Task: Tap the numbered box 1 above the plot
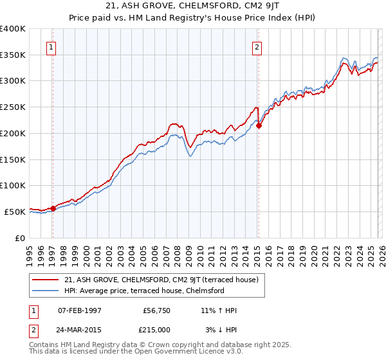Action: pyautogui.click(x=51, y=46)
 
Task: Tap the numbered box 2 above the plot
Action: pyautogui.click(x=257, y=46)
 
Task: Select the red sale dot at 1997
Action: pyautogui.click(x=53, y=208)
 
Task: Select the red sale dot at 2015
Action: pyautogui.click(x=259, y=126)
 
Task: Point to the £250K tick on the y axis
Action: pyautogui.click(x=13, y=107)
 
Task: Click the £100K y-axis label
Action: pyautogui.click(x=13, y=185)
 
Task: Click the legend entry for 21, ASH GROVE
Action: pyautogui.click(x=161, y=280)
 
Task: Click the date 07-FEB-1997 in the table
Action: pyautogui.click(x=79, y=310)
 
